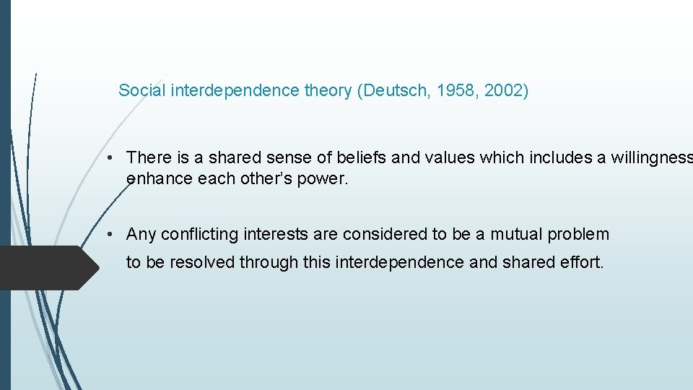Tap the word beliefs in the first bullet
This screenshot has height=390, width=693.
(x=349, y=157)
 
